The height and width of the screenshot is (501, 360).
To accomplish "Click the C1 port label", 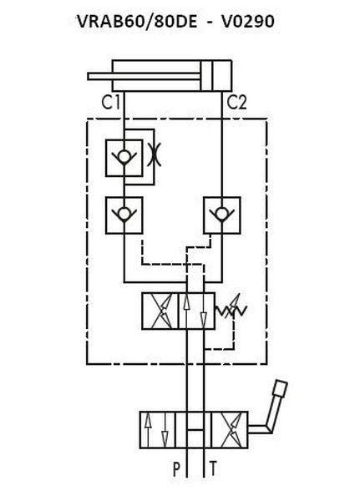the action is point(110,103).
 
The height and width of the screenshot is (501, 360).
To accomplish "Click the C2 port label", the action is point(236,103).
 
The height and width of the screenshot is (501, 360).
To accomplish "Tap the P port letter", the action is point(177,469).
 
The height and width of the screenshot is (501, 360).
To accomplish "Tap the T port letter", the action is point(213,468).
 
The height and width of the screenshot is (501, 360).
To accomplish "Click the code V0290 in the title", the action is point(248,22).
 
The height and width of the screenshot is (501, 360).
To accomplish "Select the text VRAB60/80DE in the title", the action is point(137,22).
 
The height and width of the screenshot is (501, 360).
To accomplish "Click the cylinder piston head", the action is point(207,76).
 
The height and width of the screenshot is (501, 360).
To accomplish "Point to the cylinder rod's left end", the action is point(89,76).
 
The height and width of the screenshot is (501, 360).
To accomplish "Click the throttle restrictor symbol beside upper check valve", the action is point(154,154).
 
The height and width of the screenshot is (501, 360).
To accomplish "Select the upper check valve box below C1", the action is point(124,158).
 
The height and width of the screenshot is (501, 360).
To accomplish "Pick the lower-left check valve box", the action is point(124,215).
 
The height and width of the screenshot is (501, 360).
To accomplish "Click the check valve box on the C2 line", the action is point(222,215).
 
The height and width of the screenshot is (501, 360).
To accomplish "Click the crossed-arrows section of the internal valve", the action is point(160,311).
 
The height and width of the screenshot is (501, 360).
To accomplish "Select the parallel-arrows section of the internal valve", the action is point(196,311).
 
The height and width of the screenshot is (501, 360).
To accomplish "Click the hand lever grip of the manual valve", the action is point(280,389).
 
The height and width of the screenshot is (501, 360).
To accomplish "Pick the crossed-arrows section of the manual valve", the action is point(230,430).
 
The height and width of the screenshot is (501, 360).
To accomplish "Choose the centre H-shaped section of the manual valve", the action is point(194,430).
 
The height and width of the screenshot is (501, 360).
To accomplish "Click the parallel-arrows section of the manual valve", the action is point(157,430).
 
